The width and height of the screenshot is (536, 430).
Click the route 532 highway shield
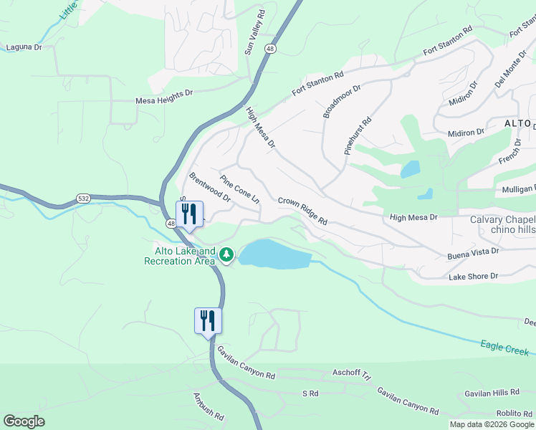tap(85, 198)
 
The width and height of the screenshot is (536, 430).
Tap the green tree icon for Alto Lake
tap(226, 254)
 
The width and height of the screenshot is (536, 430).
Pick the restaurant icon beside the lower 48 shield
tap(189, 214)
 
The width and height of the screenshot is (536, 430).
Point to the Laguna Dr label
tap(24, 47)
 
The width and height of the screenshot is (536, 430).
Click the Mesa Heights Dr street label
tap(165, 102)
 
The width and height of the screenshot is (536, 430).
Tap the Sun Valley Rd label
tap(254, 33)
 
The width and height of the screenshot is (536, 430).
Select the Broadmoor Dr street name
tap(342, 100)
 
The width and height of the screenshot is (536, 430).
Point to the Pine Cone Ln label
tap(239, 190)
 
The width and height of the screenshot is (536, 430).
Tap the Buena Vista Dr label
tap(473, 252)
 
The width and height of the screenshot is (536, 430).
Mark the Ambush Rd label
tap(209, 406)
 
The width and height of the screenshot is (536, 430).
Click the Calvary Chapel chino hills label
tap(502, 224)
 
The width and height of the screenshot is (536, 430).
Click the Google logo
tap(24, 421)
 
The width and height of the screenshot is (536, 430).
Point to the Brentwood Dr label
tap(209, 186)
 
